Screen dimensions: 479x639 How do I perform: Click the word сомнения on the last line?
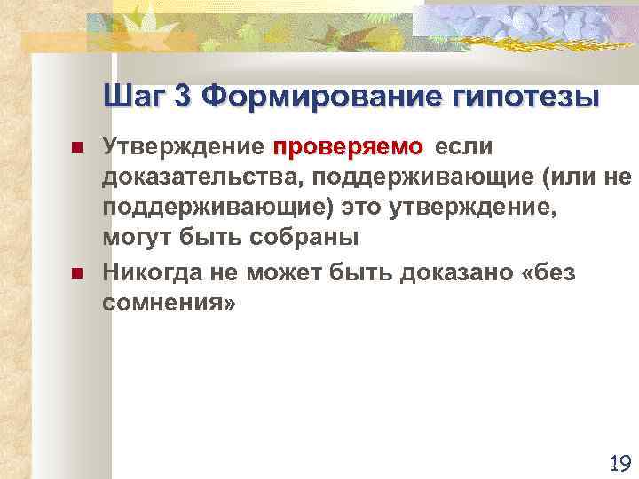coord(166,302)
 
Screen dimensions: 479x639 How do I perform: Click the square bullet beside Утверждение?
coord(76,146)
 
